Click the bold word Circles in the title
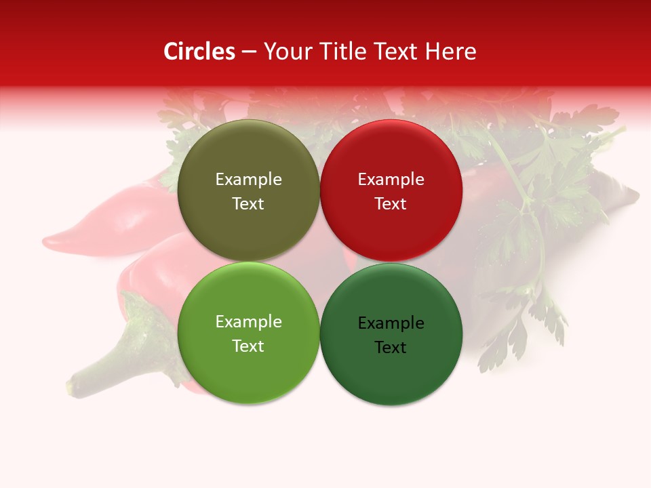click(x=199, y=52)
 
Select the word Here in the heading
click(x=452, y=52)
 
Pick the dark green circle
click(x=391, y=373)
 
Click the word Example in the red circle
click(x=391, y=180)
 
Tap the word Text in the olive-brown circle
click(x=248, y=204)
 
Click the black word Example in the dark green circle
click(x=391, y=323)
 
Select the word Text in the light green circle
click(x=248, y=346)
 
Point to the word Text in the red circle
click(x=391, y=204)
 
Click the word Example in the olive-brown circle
click(x=248, y=180)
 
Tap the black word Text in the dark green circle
click(x=391, y=348)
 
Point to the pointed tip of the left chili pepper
click(x=47, y=241)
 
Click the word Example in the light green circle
click(x=248, y=322)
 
